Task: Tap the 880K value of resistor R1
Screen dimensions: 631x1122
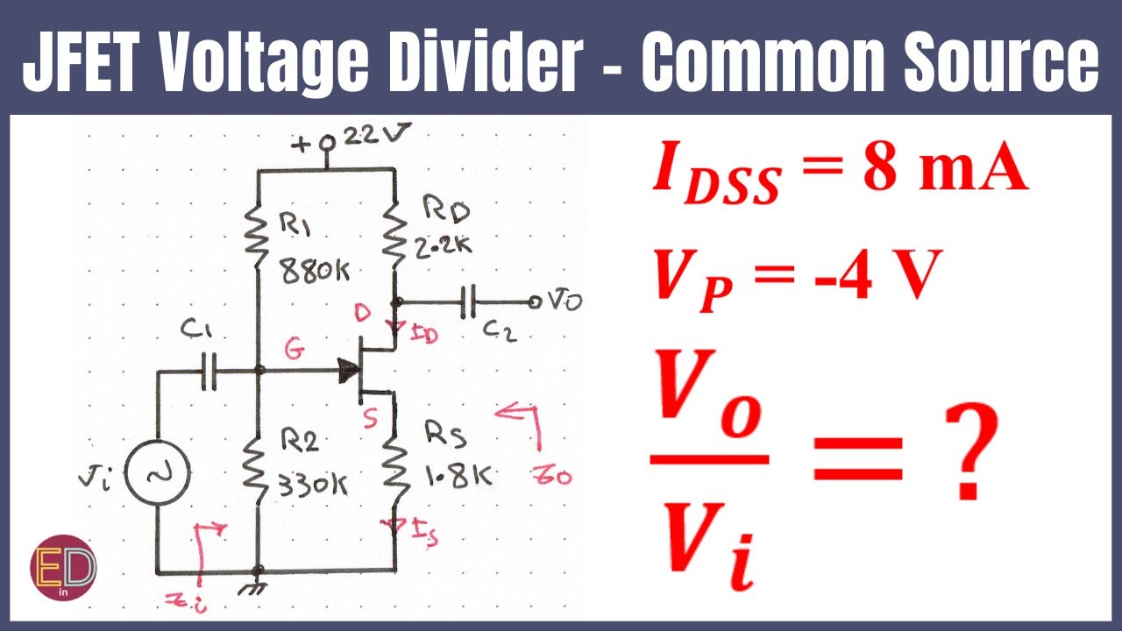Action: (x=315, y=273)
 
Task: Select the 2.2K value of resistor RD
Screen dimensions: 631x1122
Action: (x=443, y=247)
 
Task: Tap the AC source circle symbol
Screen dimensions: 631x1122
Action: (x=157, y=475)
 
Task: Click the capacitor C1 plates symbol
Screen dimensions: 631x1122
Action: (x=209, y=371)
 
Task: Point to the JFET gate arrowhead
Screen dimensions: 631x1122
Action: (x=349, y=371)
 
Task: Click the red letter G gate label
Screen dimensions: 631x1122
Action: (x=295, y=351)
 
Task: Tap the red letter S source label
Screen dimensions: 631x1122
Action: (x=371, y=420)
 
